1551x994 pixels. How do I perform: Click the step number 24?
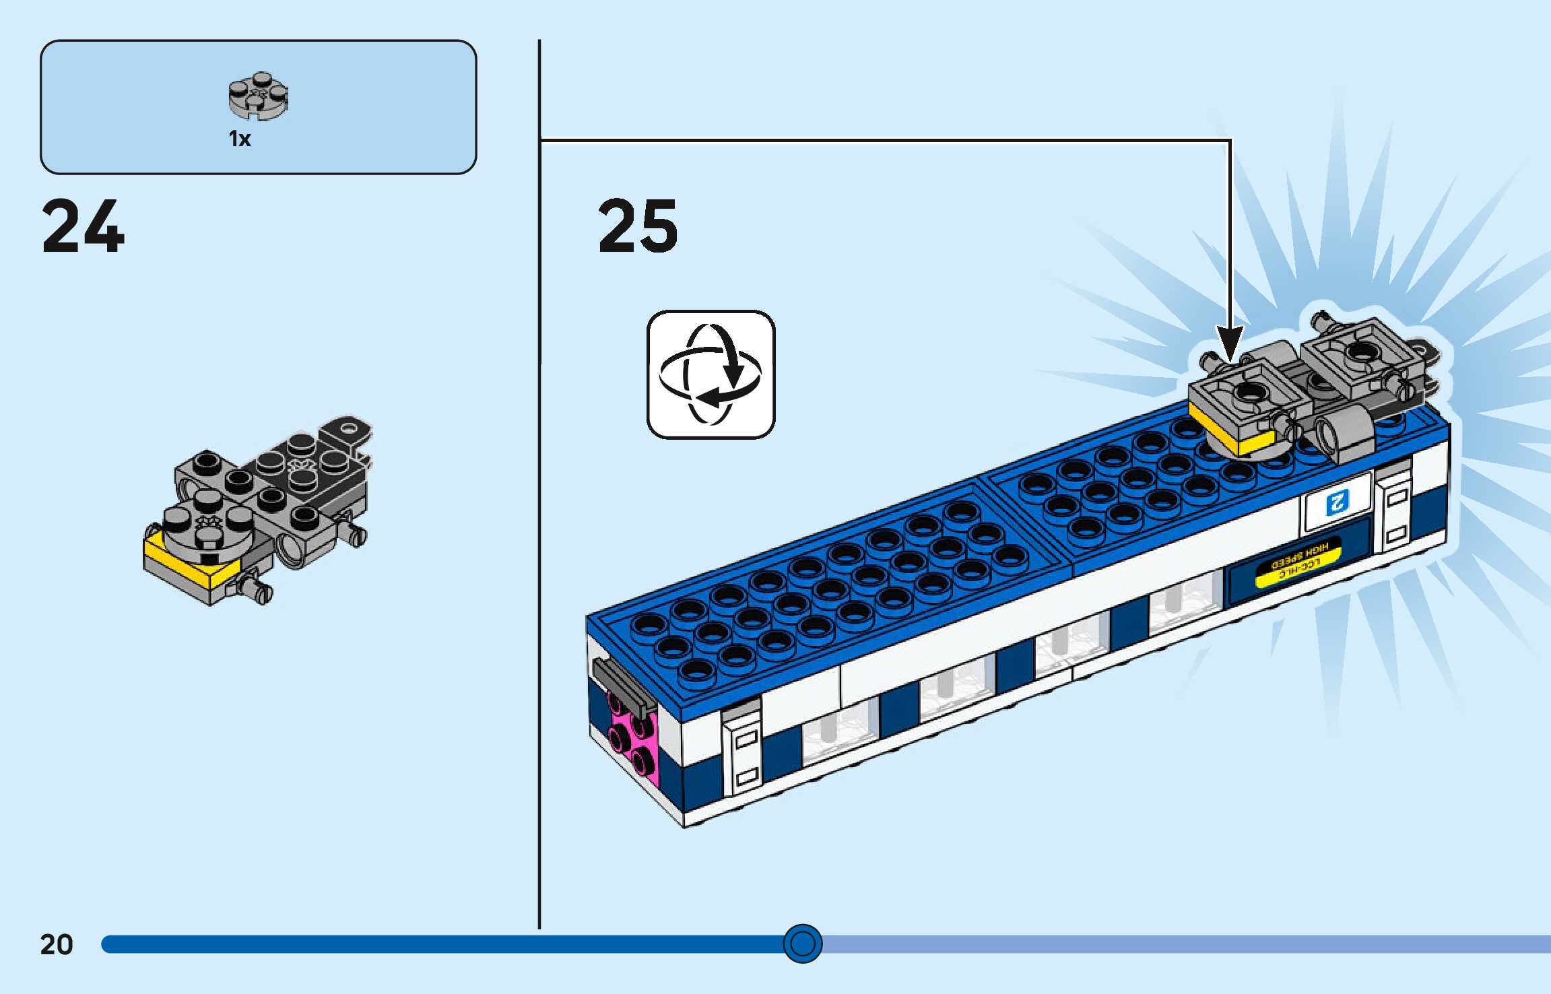point(83,227)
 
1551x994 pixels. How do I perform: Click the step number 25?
point(637,227)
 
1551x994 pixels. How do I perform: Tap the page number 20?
point(57,944)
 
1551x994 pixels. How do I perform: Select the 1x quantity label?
point(240,139)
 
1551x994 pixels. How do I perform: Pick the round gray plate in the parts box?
point(258,96)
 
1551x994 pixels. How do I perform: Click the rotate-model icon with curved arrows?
point(711,374)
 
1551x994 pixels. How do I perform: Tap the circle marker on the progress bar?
point(802,943)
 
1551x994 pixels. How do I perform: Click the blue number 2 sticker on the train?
point(1338,502)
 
